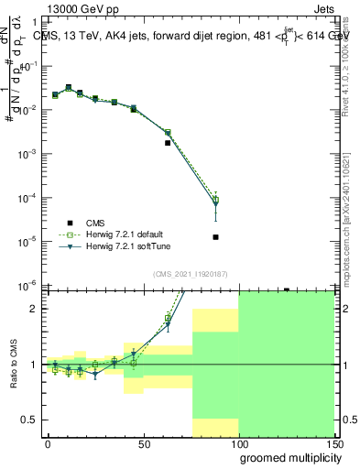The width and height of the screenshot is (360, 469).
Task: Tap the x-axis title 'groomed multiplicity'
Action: pyautogui.click(x=285, y=457)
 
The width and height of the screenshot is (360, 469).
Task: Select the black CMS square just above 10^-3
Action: pyautogui.click(x=168, y=143)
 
